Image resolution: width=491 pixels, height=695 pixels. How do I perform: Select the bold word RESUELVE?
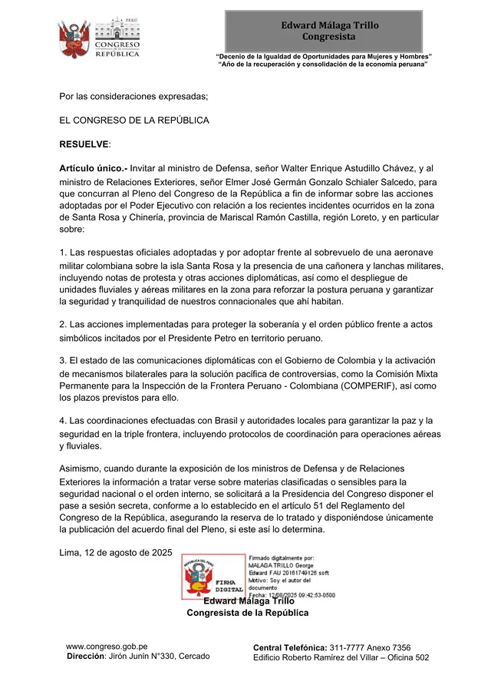(x=84, y=144)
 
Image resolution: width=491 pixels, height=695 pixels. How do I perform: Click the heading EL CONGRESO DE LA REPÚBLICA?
(x=134, y=121)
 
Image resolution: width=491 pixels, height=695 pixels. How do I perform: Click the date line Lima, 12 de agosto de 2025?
(x=116, y=552)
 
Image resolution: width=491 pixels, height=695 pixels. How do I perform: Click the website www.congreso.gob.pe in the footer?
(x=107, y=647)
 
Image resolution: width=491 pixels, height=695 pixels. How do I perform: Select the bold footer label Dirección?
(x=84, y=657)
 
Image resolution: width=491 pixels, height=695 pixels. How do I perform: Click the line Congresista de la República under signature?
(x=248, y=612)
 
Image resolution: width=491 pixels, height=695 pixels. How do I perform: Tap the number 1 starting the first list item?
(x=62, y=252)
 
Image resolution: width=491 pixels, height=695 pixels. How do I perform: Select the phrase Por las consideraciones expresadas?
(x=133, y=97)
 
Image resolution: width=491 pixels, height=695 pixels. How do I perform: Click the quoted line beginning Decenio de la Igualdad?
(x=323, y=57)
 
